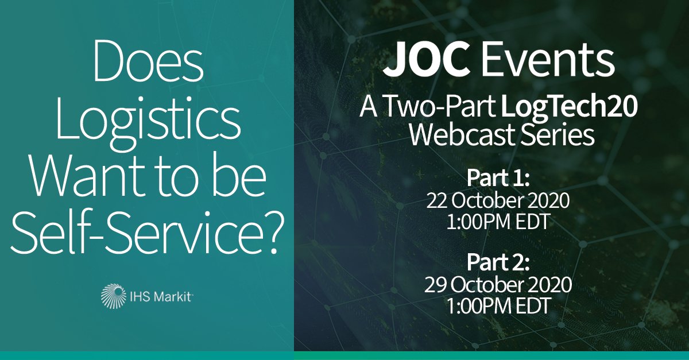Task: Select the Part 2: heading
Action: [x=493, y=264]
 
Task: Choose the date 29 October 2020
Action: [x=493, y=285]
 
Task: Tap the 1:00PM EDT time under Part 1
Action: [x=493, y=220]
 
